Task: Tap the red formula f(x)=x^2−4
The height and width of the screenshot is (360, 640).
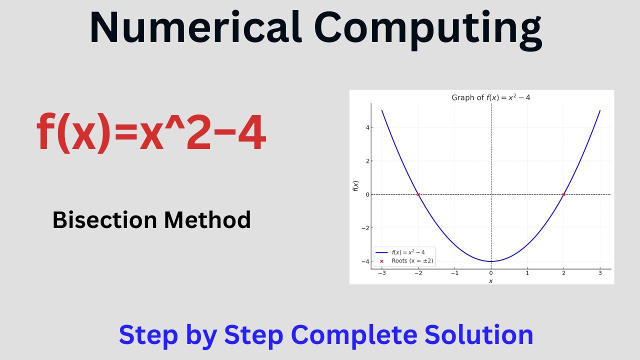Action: pos(151,133)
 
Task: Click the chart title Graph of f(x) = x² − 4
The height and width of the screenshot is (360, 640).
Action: pos(490,97)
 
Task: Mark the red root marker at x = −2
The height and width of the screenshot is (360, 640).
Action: pos(418,194)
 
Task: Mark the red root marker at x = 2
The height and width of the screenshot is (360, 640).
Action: pos(563,194)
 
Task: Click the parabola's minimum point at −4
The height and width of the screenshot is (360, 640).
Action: pos(491,261)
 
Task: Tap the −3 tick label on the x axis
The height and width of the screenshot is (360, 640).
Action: pos(381,273)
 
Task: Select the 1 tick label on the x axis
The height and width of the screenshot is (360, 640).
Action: pos(527,273)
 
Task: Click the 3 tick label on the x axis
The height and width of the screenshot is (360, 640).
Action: pos(600,273)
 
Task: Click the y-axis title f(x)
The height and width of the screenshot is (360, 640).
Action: pos(356,186)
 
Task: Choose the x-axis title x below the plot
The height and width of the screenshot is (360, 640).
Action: pos(490,281)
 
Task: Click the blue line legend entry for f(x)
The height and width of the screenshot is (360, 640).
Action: pos(400,252)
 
